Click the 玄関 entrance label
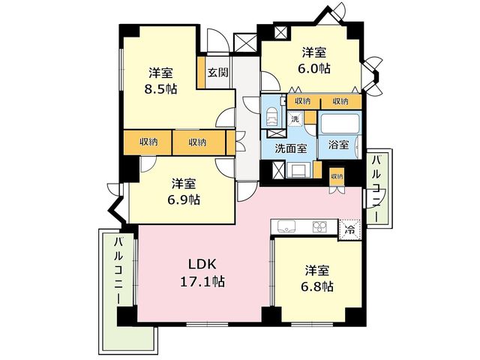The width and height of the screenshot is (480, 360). pyautogui.click(x=218, y=73)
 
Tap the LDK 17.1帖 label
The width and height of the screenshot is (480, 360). pyautogui.click(x=202, y=273)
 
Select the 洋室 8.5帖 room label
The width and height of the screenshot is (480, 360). pyautogui.click(x=161, y=81)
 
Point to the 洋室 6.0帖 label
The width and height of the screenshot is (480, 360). pyautogui.click(x=314, y=61)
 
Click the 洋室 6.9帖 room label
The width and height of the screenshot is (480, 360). pyautogui.click(x=184, y=192)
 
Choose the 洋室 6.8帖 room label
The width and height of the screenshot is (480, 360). pyautogui.click(x=317, y=278)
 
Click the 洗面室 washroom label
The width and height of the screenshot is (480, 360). pyautogui.click(x=291, y=148)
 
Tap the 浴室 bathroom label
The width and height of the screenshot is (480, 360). pyautogui.click(x=338, y=145)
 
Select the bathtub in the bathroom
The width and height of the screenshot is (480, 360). pyautogui.click(x=340, y=123)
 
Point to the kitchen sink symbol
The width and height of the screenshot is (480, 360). pyautogui.click(x=286, y=226)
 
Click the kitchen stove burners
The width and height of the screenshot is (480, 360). pyautogui.click(x=319, y=226)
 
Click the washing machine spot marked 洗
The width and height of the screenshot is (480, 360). pyautogui.click(x=295, y=119)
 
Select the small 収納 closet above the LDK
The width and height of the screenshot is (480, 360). pyautogui.click(x=337, y=177)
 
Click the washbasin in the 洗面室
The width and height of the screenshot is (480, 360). pyautogui.click(x=298, y=169)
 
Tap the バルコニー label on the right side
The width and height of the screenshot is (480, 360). pyautogui.click(x=376, y=188)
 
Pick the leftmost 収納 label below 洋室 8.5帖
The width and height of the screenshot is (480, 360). pyautogui.click(x=148, y=142)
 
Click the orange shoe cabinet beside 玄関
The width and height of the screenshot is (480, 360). pyautogui.click(x=201, y=73)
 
